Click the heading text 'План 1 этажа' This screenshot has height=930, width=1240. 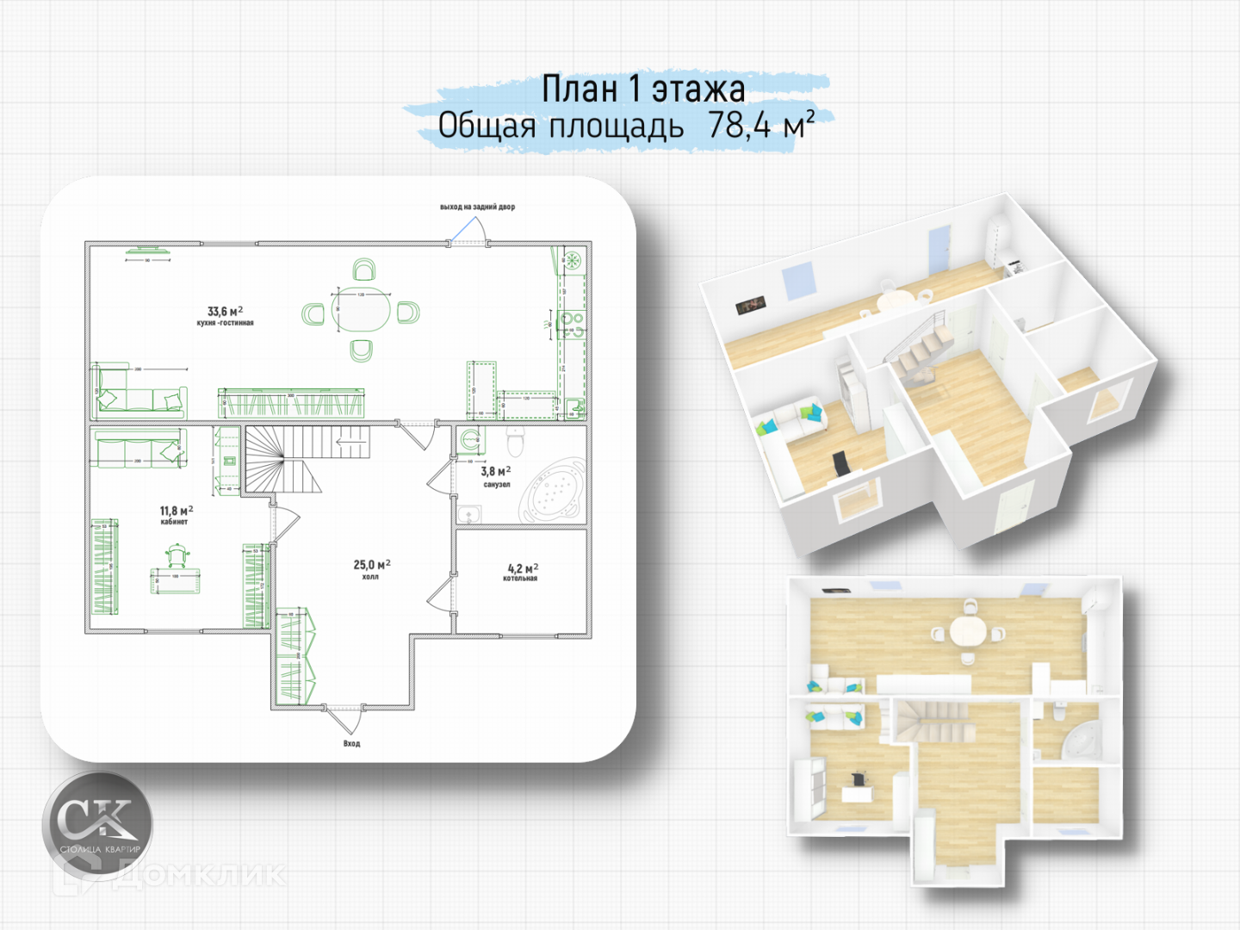pyautogui.click(x=642, y=89)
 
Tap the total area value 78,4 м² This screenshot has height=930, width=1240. pyautogui.click(x=760, y=126)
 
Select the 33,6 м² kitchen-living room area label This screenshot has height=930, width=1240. pyautogui.click(x=225, y=315)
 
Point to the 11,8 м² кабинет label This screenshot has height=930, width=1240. pyautogui.click(x=176, y=515)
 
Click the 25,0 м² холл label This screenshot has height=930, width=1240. pyautogui.click(x=371, y=569)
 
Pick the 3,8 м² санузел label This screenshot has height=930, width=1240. pyautogui.click(x=496, y=476)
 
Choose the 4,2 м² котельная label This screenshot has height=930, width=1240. pyautogui.click(x=522, y=573)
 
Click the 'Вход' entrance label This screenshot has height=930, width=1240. pyautogui.click(x=351, y=743)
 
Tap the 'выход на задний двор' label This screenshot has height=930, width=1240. pyautogui.click(x=477, y=207)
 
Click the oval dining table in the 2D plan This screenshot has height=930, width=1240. pyautogui.click(x=361, y=311)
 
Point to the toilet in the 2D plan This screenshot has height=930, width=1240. pyautogui.click(x=516, y=441)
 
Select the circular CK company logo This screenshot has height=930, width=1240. pyautogui.click(x=97, y=825)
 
